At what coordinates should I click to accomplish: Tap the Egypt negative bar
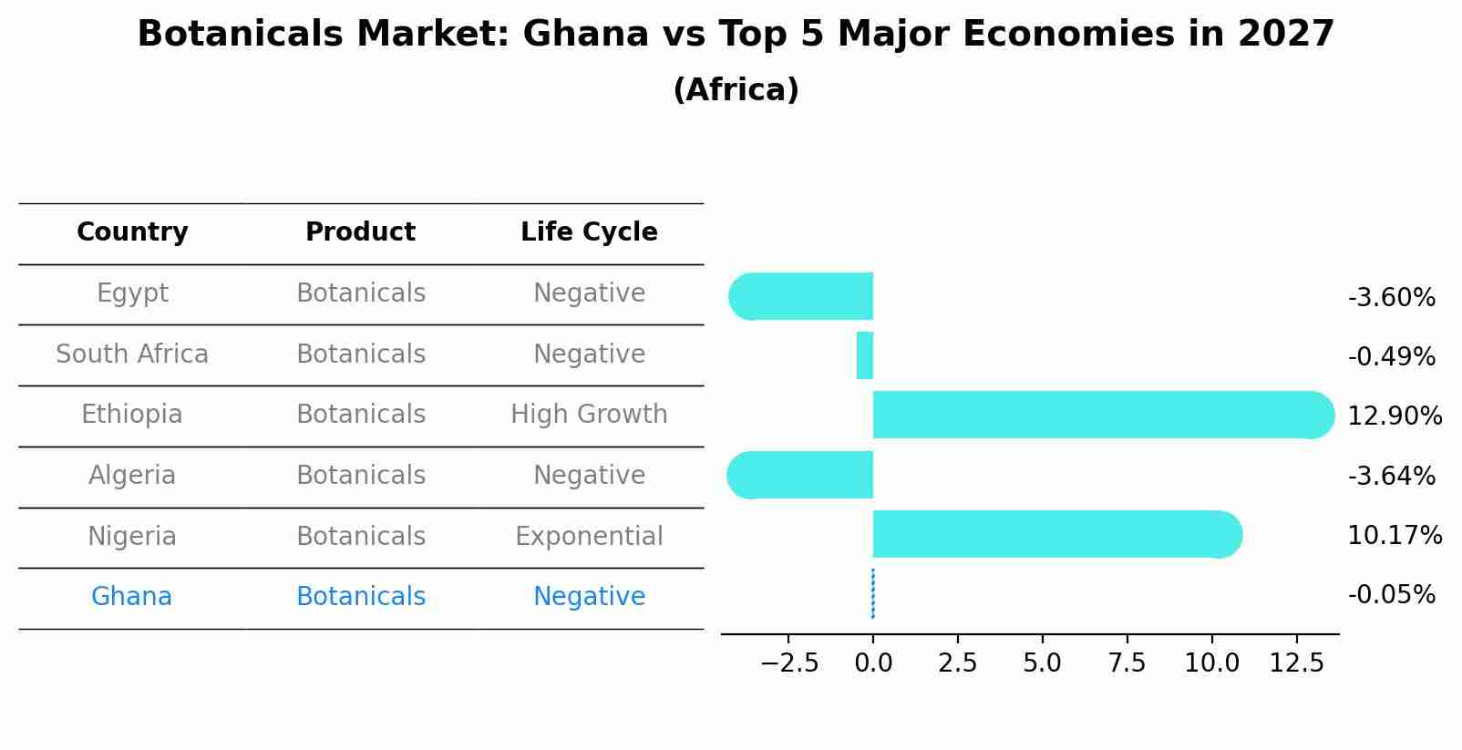[802, 296]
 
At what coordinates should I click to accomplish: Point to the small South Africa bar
[865, 355]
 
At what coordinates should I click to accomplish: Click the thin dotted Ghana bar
[873, 594]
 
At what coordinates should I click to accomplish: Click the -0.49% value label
[1391, 356]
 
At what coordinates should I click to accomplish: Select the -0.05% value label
[1391, 595]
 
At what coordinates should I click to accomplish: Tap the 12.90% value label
[1395, 416]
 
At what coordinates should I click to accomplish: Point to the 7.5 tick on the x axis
[1127, 663]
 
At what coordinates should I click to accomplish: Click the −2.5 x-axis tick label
[788, 663]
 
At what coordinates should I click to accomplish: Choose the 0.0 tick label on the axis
[873, 663]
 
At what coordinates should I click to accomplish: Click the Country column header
[132, 232]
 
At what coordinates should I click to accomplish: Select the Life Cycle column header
[589, 232]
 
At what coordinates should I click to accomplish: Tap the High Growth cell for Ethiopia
[589, 415]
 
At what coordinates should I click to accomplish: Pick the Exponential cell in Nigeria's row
[589, 536]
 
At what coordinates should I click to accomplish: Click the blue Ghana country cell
[131, 597]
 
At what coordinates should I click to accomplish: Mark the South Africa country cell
[132, 354]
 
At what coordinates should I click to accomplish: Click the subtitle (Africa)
[736, 90]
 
